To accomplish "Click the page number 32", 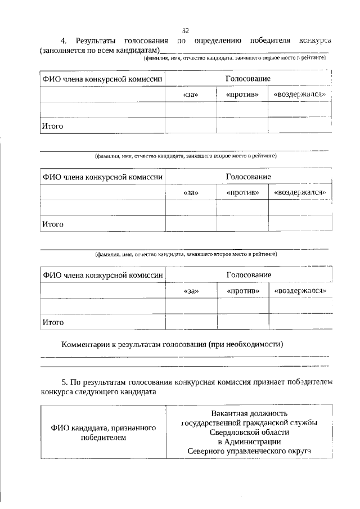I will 186,30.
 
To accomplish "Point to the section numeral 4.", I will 64,41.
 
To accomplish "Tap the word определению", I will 218,41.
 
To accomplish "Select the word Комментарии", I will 85,344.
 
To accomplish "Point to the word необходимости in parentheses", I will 254,344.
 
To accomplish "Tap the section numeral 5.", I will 64,382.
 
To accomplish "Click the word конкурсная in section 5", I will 200,382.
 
